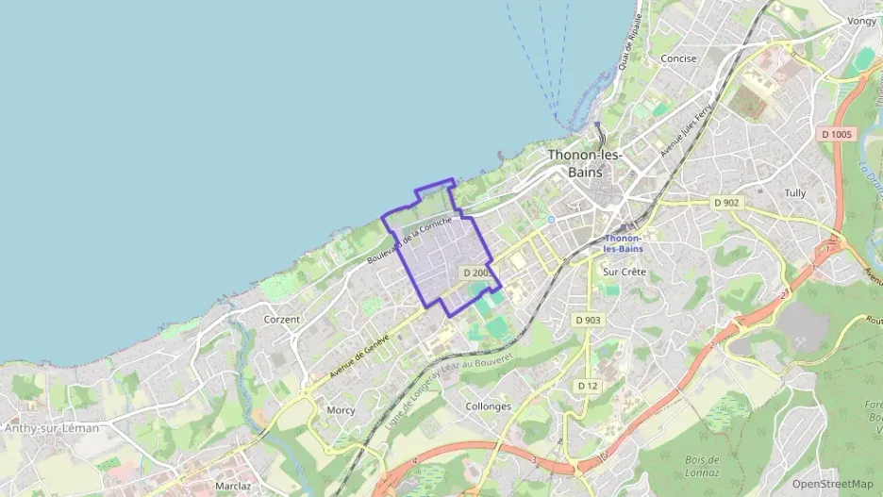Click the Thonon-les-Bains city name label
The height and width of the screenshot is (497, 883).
585,163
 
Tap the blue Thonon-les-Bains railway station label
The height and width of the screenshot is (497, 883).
623,243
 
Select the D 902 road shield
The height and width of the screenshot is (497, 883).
726,203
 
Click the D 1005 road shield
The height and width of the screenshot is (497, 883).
836,135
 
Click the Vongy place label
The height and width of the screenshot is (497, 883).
861,22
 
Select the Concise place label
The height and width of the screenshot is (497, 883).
678,58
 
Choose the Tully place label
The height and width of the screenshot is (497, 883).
795,193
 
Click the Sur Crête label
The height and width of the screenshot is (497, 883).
624,272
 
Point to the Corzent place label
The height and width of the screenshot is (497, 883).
282,320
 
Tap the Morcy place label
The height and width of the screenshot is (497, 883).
341,410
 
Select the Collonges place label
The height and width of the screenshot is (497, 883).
489,406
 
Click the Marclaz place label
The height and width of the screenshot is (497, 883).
233,486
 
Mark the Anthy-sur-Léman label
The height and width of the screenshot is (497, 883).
52,428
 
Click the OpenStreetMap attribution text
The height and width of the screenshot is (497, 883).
832,484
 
